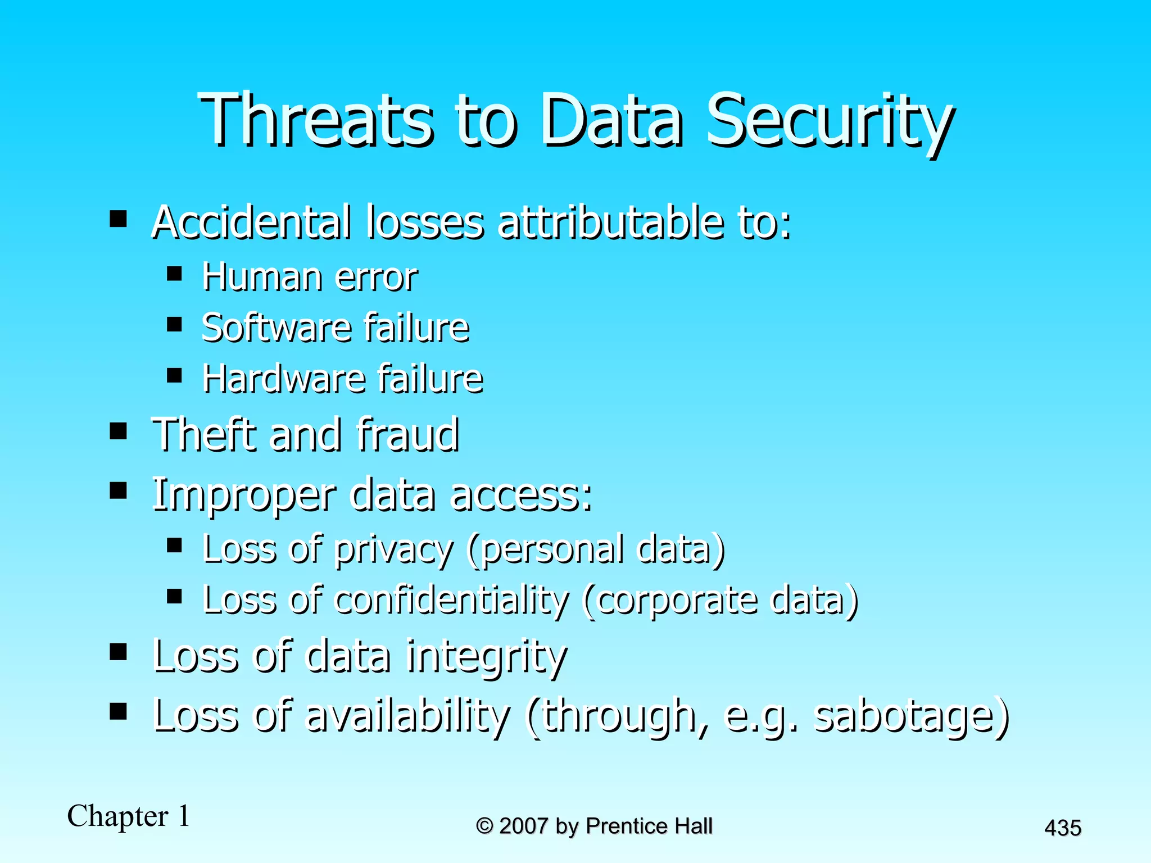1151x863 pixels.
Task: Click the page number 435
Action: click(1062, 828)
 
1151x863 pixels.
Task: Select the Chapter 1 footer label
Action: click(129, 816)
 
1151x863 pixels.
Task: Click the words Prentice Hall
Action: click(649, 826)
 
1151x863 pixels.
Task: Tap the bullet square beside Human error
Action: click(175, 274)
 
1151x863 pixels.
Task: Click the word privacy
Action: click(393, 549)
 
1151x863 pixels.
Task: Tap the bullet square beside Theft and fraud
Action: click(118, 431)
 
